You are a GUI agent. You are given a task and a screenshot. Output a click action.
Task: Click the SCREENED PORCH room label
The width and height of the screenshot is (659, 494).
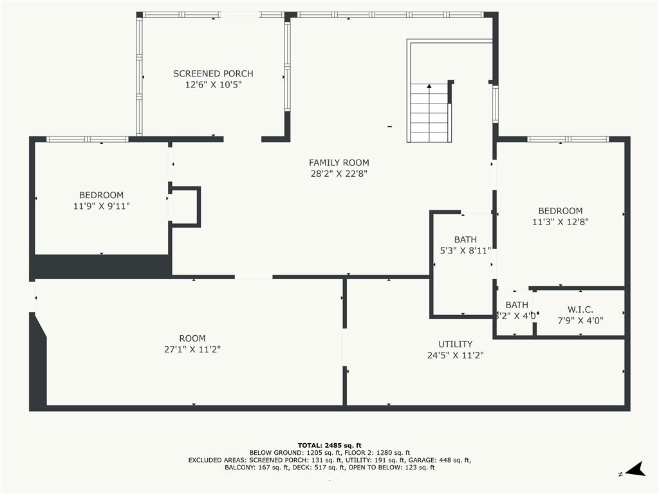[x=213, y=74]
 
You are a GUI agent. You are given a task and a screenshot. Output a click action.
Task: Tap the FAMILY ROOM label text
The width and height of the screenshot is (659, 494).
[x=339, y=163]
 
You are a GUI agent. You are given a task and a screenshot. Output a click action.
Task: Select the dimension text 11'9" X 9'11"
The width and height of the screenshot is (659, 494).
[x=102, y=206]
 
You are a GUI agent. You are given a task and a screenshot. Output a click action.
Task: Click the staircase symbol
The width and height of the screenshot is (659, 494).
[x=429, y=113]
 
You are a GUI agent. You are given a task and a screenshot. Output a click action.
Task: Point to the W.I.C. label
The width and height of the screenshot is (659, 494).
[x=580, y=310]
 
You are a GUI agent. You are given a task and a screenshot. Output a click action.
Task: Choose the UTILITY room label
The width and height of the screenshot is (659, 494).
[x=455, y=344]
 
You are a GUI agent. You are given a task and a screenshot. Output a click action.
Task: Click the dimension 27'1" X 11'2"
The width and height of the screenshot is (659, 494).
[x=192, y=349]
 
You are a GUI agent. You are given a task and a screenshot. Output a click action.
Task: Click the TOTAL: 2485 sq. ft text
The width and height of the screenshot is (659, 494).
[x=329, y=445]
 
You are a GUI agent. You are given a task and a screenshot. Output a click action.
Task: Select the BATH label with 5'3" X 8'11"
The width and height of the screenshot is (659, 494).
[x=465, y=240]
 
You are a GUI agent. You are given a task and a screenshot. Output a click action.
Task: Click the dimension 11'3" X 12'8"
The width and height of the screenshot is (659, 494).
[x=560, y=221]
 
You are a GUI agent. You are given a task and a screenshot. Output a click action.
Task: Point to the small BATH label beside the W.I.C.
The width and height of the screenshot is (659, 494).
[x=516, y=305]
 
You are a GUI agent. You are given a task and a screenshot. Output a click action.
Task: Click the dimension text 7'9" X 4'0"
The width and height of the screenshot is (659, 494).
[x=580, y=320]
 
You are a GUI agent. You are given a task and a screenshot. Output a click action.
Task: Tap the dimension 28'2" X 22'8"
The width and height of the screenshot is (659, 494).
[x=339, y=174]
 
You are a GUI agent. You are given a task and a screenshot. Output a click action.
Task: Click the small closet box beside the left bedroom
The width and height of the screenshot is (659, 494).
[x=185, y=206]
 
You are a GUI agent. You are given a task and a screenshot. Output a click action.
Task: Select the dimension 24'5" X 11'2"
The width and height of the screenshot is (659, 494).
[x=455, y=354]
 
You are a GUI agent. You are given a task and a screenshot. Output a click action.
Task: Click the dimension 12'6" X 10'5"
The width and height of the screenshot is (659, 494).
[x=213, y=84]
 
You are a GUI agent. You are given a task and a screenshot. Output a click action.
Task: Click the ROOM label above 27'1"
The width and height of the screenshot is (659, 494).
[x=192, y=338]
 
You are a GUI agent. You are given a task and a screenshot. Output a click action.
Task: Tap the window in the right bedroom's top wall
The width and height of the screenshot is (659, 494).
[x=568, y=139]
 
